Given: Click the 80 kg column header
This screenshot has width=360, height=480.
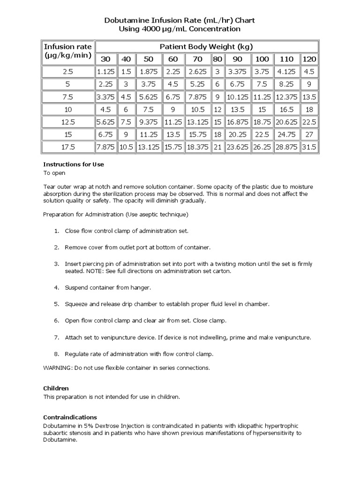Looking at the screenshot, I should (x=217, y=59).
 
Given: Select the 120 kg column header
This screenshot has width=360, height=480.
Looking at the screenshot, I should (x=309, y=59).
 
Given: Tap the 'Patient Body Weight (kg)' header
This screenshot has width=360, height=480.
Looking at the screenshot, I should (x=206, y=46).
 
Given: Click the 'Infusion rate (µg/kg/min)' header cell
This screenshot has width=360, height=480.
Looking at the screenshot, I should (x=68, y=52).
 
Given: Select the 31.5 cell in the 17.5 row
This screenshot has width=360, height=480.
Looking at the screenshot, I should (x=309, y=147).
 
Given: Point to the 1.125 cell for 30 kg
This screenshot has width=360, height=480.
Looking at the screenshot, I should (x=106, y=72).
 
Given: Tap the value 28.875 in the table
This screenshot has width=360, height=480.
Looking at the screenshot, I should (x=286, y=147).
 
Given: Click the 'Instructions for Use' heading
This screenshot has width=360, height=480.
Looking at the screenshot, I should (x=74, y=165).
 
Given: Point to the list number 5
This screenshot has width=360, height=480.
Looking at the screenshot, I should (x=56, y=304).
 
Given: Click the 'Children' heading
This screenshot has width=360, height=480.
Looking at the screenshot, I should (x=56, y=389).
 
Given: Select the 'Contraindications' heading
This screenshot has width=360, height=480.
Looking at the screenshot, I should (x=70, y=417).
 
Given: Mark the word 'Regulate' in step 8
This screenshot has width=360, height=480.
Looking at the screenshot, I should (x=77, y=354).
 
